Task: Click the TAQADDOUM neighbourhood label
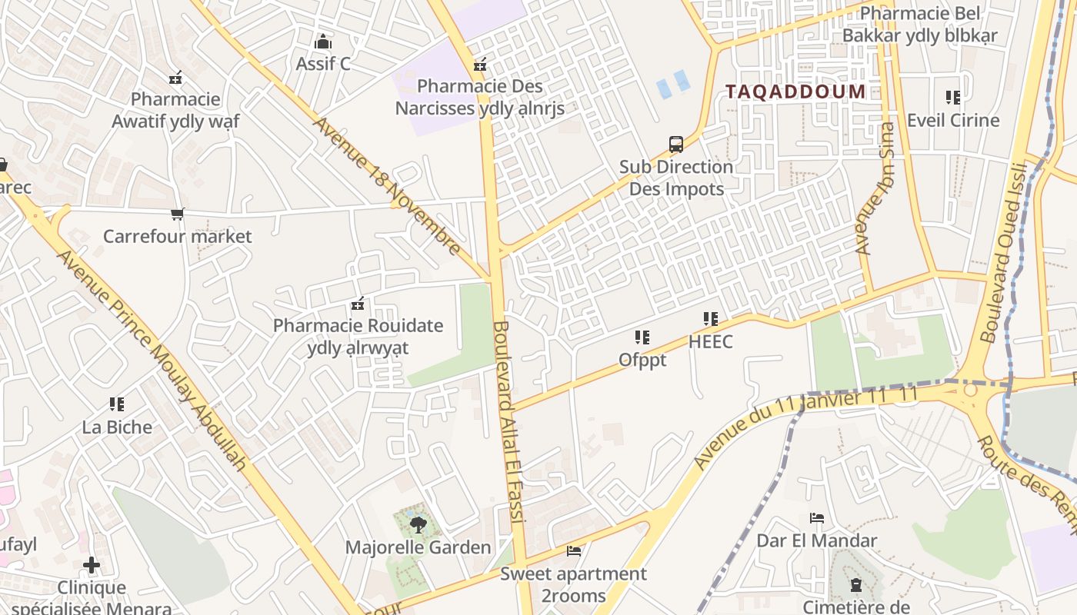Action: [795, 91]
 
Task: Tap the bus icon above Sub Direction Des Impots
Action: [675, 144]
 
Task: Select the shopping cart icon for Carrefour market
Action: [178, 214]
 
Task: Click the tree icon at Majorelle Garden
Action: [418, 525]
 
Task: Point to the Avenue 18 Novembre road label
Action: [387, 187]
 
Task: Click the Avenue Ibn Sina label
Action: [876, 188]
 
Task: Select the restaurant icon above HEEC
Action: [710, 318]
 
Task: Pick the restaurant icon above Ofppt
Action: [642, 337]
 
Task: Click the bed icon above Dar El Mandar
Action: [817, 518]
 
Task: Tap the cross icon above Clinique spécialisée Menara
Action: [92, 566]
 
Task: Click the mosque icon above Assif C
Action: [323, 42]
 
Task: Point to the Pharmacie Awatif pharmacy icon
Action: [176, 78]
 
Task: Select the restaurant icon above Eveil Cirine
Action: [953, 98]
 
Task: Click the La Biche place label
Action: [117, 427]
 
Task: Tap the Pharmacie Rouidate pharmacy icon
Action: [357, 304]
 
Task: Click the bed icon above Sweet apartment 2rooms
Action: [574, 550]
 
